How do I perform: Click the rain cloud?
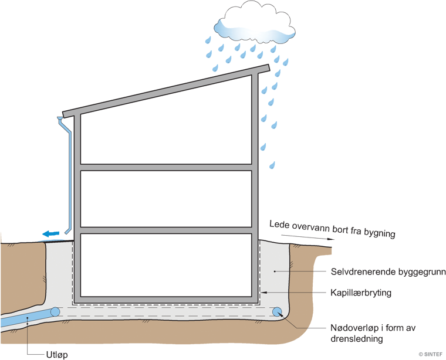255,23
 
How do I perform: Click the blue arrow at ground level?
51,234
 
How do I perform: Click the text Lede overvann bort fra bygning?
332,229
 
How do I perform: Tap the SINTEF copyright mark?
431,354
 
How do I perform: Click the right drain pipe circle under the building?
278,313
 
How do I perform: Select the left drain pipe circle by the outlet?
55,312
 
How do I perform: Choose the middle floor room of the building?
166,198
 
